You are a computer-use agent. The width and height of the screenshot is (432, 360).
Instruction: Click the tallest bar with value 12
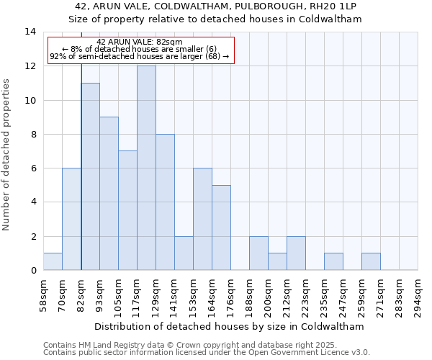(x=146, y=168)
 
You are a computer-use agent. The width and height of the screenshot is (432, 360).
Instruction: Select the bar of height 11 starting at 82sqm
(x=90, y=176)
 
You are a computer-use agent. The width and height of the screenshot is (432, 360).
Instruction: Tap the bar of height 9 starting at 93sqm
(x=109, y=194)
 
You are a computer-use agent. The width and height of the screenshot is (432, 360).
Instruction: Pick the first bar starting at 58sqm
(x=53, y=261)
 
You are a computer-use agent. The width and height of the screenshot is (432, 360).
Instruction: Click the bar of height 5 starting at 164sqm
(x=221, y=228)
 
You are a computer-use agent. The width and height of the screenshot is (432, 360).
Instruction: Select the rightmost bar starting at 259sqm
(x=371, y=261)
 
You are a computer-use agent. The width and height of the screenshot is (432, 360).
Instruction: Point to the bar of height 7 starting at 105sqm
(x=127, y=210)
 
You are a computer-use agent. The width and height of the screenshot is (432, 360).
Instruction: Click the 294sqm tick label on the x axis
(x=418, y=295)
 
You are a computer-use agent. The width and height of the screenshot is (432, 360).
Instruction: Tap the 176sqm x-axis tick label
(x=231, y=295)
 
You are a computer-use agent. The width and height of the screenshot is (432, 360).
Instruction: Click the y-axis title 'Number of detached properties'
(x=7, y=155)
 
